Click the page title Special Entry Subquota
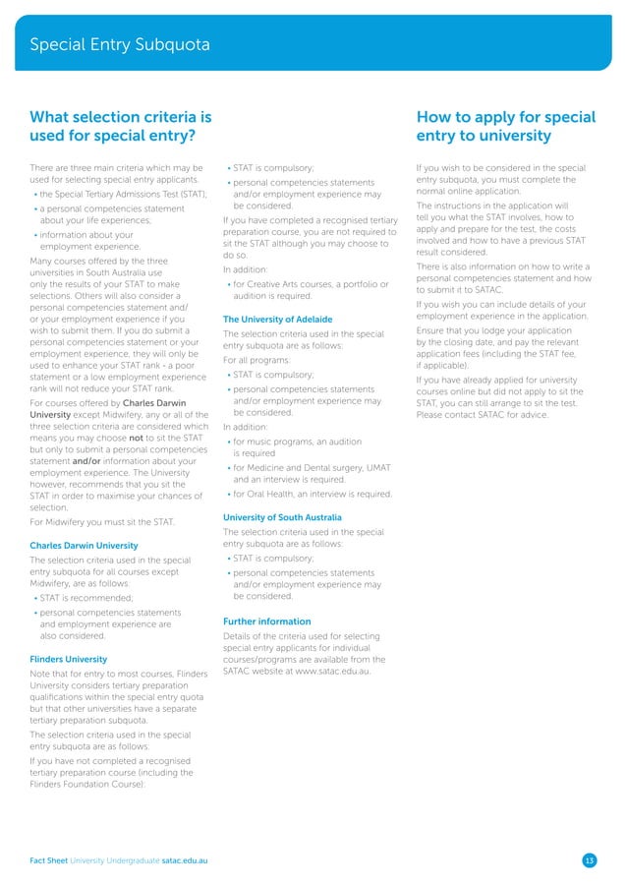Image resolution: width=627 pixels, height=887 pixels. click(x=119, y=44)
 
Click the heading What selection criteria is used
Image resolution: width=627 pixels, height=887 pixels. click(x=121, y=127)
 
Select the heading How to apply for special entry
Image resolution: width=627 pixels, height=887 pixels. click(x=505, y=127)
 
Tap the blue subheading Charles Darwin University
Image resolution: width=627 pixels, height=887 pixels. click(x=83, y=545)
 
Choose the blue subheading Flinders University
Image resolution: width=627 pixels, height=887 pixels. click(x=68, y=659)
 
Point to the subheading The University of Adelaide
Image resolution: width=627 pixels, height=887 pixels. click(x=277, y=320)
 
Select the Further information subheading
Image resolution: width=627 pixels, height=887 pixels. click(x=266, y=621)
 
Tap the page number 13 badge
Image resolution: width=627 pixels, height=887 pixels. click(x=589, y=861)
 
